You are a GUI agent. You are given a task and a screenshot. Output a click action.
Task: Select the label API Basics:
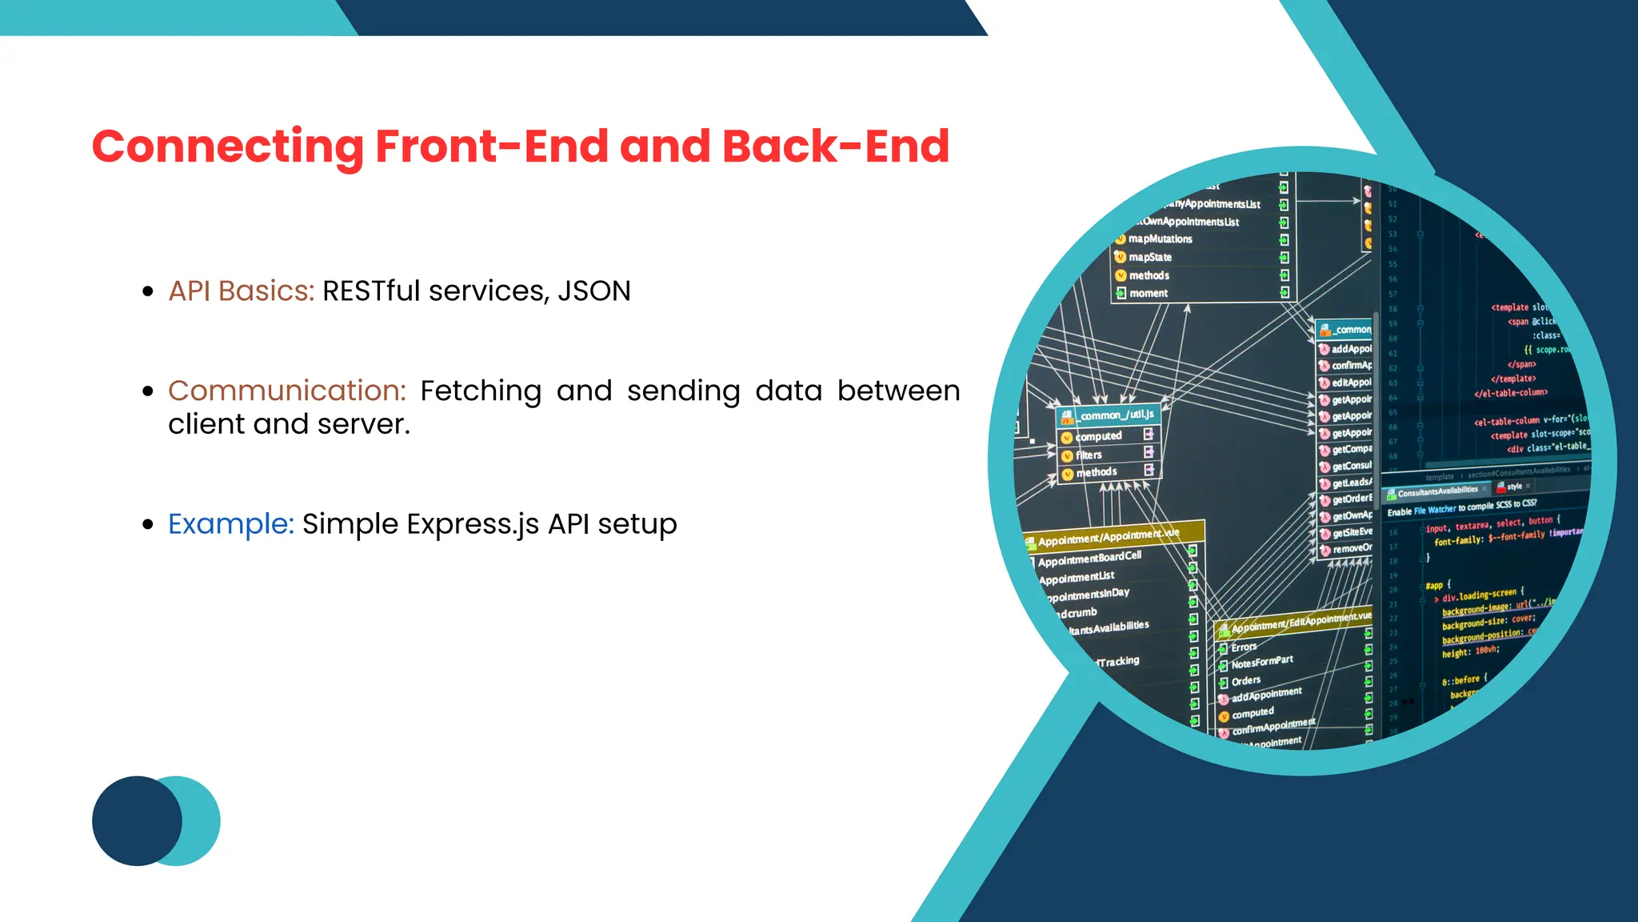point(241,291)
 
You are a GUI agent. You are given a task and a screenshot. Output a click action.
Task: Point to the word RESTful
point(371,291)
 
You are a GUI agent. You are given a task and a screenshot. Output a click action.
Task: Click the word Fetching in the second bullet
point(481,391)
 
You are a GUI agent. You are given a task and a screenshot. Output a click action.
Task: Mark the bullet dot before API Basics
point(147,292)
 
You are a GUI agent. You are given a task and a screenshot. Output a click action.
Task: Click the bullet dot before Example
point(147,525)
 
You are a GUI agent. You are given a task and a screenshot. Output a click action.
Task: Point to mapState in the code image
point(1150,257)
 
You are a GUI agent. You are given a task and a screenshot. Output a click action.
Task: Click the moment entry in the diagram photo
point(1149,294)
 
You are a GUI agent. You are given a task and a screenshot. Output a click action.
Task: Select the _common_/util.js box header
point(1115,415)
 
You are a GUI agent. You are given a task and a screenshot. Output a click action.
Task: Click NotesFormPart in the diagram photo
point(1262,662)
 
